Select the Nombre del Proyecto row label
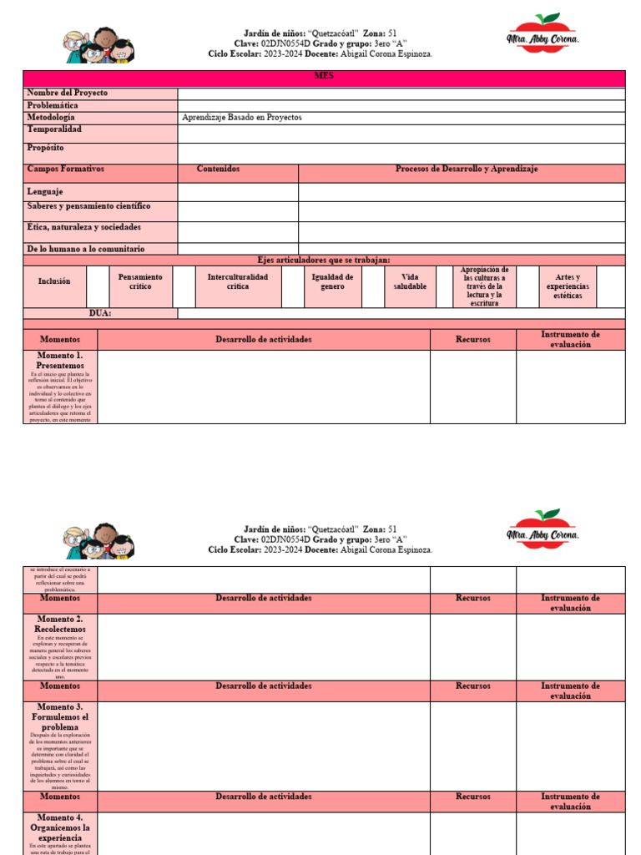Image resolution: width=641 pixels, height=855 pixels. (x=68, y=94)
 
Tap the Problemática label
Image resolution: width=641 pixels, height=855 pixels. (x=53, y=106)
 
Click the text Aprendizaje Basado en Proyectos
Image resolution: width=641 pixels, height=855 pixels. (x=242, y=118)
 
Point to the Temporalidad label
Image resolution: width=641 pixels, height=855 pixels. (x=54, y=130)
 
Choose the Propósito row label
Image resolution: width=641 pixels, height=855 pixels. (x=45, y=148)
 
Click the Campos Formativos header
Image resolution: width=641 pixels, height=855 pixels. (x=66, y=169)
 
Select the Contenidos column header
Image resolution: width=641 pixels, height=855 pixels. (x=218, y=169)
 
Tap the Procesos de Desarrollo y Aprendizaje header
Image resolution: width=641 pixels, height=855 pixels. (x=466, y=169)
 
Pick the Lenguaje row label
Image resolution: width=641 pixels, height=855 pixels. (x=45, y=191)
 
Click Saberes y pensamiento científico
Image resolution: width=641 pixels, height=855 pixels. (x=89, y=205)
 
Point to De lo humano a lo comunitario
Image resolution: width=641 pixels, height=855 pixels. (x=86, y=249)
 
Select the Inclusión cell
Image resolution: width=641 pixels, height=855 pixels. (x=54, y=281)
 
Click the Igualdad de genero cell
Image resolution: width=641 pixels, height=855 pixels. (x=332, y=281)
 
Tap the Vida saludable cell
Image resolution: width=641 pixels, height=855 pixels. (x=410, y=281)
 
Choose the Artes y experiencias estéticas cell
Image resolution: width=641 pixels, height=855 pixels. (x=568, y=286)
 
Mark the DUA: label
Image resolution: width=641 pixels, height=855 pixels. (x=100, y=314)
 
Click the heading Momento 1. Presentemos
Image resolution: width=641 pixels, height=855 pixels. (x=60, y=360)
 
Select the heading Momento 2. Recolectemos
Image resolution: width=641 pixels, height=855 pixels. (x=59, y=624)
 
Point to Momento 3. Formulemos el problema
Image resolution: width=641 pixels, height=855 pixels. (x=59, y=716)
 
